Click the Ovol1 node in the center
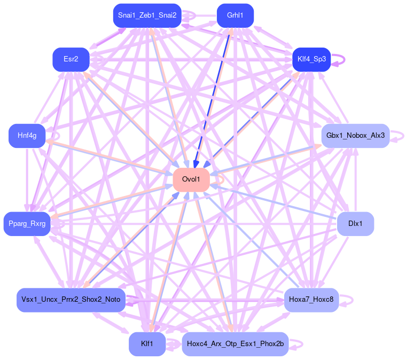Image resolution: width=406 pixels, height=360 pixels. pos(190,179)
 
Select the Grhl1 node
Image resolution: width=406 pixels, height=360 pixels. pos(235,15)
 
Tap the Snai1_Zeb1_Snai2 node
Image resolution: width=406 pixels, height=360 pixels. pos(147,15)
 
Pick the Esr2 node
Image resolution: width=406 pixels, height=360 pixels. pos(71,59)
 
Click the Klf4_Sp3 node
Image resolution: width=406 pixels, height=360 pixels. pos(311,59)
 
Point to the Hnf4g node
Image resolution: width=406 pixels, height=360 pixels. pos(27,136)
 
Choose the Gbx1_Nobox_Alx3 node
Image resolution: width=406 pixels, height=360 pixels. pos(355,136)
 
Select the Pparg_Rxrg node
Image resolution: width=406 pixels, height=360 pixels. pos(27,223)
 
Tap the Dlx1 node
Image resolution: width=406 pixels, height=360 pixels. pos(355,223)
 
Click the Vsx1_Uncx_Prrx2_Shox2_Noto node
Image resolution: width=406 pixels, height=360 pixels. pos(71,300)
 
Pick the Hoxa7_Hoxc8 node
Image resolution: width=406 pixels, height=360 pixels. pos(311,300)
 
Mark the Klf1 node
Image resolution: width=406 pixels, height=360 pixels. pos(147,343)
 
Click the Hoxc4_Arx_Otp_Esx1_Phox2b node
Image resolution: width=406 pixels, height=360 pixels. pos(235,343)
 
